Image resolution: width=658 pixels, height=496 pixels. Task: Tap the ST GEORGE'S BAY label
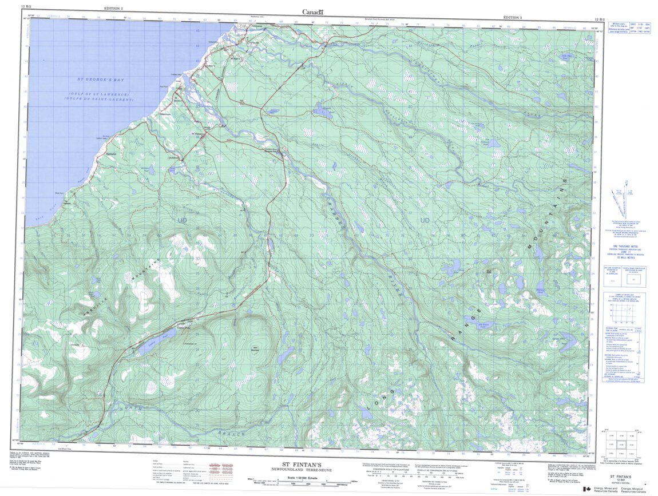(x=101, y=80)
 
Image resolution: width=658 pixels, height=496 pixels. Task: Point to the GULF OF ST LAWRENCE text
(x=101, y=94)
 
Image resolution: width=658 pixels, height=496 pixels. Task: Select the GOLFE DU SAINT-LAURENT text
(x=101, y=100)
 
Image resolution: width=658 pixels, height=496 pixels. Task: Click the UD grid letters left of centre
(x=183, y=220)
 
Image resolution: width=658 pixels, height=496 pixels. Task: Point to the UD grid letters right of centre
(x=425, y=220)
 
